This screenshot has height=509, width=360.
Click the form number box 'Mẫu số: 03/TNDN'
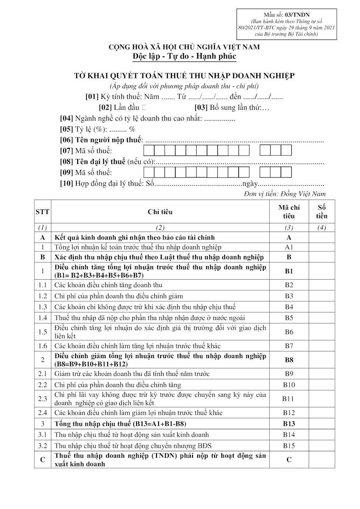287,14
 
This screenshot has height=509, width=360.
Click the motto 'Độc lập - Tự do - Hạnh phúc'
184,56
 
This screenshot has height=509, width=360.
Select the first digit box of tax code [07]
149,150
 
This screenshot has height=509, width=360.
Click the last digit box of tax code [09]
286,172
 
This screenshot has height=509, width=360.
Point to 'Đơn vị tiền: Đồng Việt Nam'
285,194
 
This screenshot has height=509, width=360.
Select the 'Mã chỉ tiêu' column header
289,211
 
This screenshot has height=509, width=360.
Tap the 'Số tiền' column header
321,211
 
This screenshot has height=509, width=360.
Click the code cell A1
289,247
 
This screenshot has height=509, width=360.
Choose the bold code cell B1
289,271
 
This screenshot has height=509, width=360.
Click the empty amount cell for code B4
321,307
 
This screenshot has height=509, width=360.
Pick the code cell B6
289,332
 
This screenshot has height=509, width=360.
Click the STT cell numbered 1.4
42,318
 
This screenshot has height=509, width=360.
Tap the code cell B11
289,399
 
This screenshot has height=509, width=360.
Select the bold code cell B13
289,423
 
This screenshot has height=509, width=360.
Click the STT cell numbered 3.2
42,445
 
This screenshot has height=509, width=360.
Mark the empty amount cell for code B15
321,445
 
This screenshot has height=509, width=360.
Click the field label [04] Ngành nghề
131,119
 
